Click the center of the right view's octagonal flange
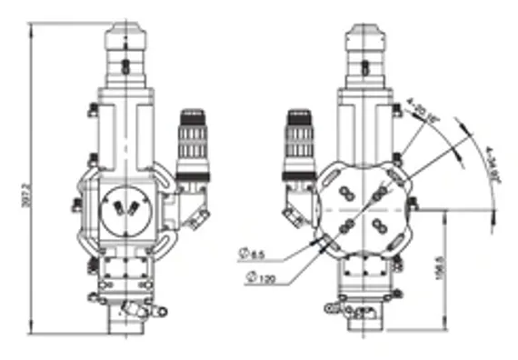[362, 209]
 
